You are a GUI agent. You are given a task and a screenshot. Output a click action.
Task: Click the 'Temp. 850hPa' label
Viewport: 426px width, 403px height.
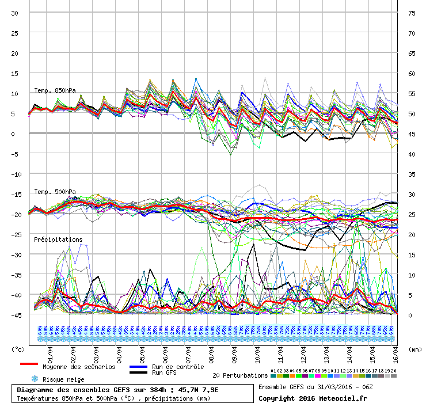[55, 90]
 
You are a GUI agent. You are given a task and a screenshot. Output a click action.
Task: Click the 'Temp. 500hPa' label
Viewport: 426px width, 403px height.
[55, 192]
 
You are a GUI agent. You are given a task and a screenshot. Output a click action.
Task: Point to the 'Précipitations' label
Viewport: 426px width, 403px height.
[58, 239]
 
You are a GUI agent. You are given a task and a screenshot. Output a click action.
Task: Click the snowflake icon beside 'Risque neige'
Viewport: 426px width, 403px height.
[35, 379]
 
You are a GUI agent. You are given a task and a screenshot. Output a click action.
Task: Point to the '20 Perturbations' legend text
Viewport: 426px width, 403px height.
[240, 375]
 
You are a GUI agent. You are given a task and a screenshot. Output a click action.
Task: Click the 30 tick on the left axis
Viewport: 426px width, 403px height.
[15, 13]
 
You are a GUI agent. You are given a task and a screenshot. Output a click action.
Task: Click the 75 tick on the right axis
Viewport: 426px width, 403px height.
[411, 13]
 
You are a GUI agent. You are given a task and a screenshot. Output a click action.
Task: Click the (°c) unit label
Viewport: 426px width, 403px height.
[18, 349]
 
